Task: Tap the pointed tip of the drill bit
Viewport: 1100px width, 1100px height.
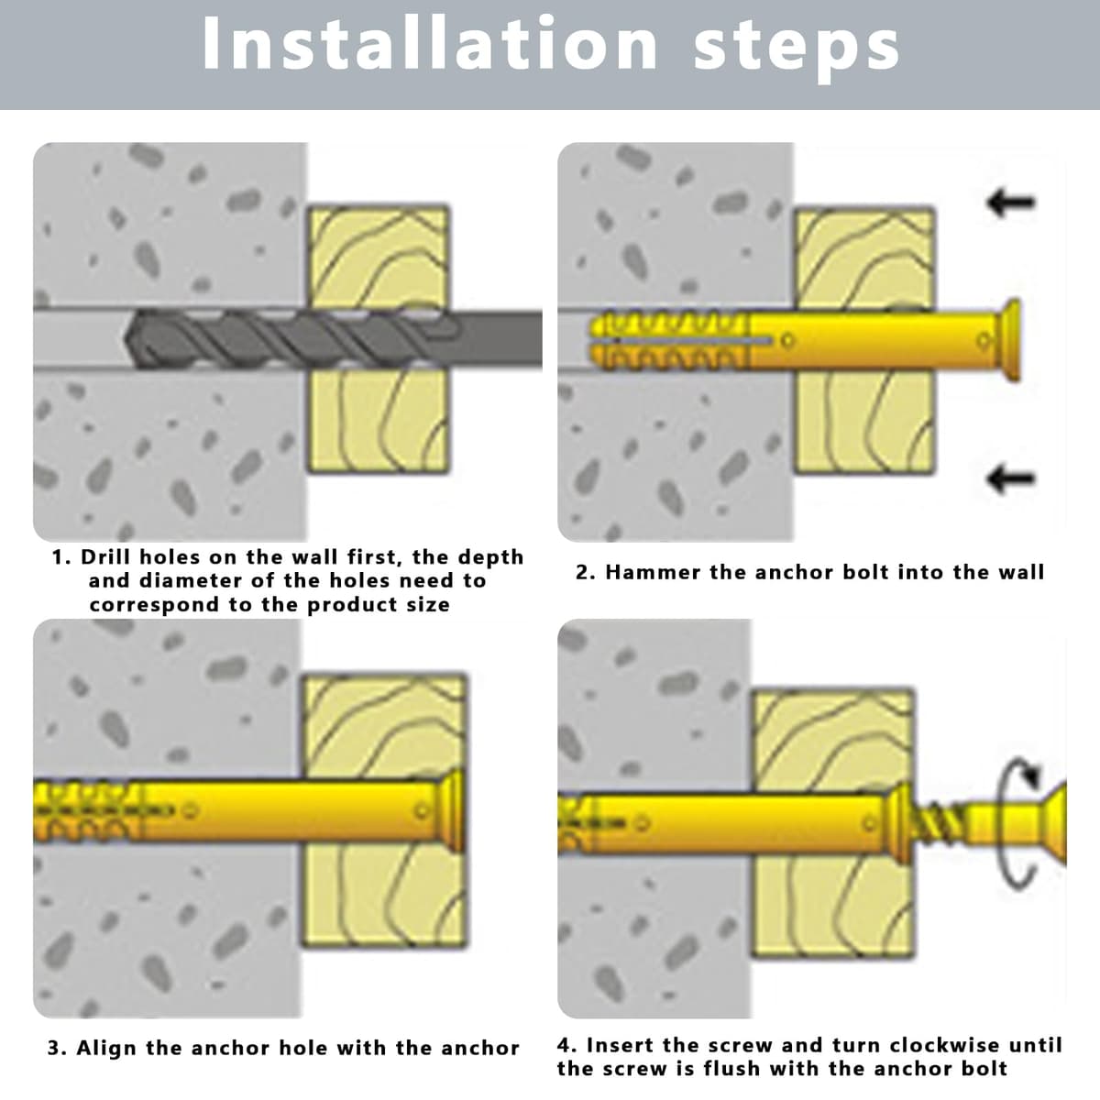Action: [126, 338]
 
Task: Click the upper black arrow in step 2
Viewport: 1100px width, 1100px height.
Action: [1011, 202]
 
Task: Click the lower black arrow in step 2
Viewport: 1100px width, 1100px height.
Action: [1011, 478]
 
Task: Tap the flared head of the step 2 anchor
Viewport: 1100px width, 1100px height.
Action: [1009, 340]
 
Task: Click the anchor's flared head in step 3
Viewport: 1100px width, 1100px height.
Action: [453, 810]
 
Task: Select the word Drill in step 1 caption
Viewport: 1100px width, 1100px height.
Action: [106, 557]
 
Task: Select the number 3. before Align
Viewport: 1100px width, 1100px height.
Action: [57, 1049]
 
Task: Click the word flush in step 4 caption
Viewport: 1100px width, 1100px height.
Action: [734, 1068]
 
